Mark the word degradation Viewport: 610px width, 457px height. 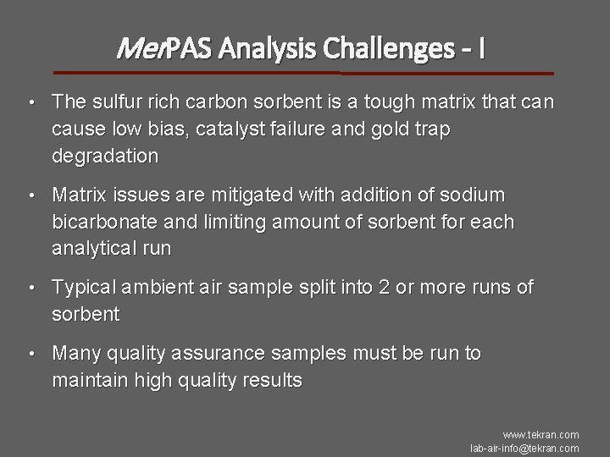coord(105,157)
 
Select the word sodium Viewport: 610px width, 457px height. coord(475,195)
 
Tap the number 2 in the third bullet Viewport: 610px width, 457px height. coord(385,288)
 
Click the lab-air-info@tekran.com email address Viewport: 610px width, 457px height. coord(525,448)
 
